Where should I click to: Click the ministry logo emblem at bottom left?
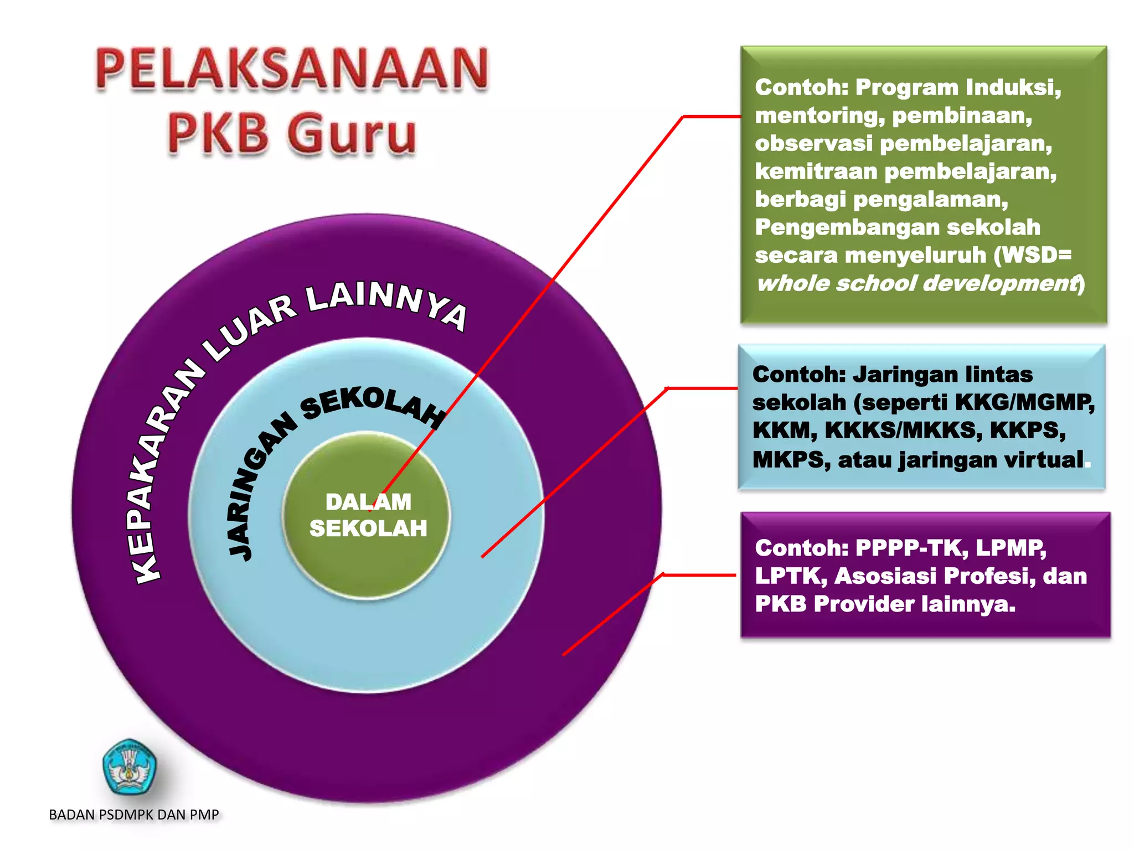[x=130, y=767]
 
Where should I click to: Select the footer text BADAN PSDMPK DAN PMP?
[x=134, y=815]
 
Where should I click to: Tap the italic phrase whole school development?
[x=917, y=283]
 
